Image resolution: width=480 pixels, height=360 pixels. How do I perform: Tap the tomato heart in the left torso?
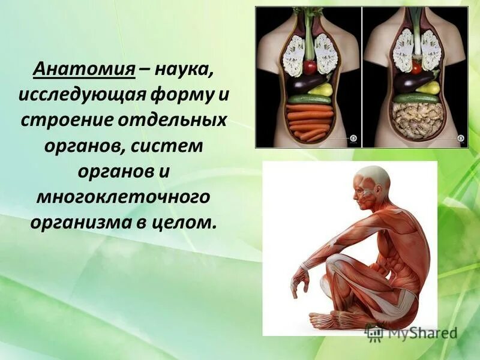click(310, 67)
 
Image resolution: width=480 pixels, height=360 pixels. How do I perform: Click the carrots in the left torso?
click(308, 121)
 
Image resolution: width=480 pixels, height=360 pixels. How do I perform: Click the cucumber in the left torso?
click(310, 98)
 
